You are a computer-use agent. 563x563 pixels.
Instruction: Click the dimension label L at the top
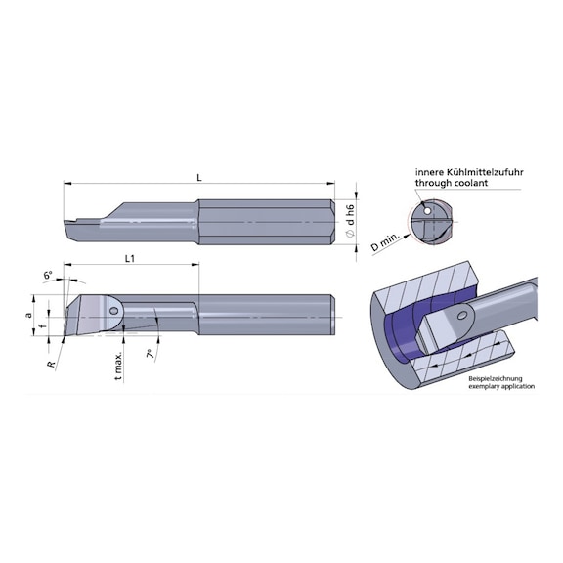click(198, 178)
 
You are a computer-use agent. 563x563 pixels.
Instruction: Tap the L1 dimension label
click(130, 258)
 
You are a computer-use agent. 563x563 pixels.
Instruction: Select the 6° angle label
click(48, 276)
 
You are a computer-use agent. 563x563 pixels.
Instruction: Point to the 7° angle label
click(150, 353)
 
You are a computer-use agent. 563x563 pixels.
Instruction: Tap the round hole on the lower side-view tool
click(114, 310)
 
